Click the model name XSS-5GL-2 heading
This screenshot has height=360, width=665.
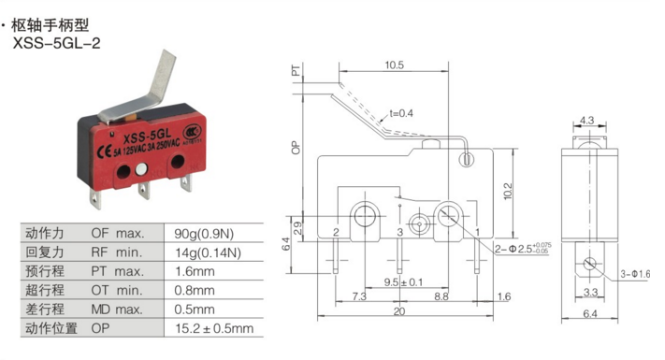coord(57,43)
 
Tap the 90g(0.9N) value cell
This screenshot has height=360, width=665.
coord(204,234)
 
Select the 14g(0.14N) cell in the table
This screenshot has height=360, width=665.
coord(209,252)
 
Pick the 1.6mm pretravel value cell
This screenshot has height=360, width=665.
coord(195,271)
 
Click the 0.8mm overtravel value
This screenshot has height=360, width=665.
coord(195,291)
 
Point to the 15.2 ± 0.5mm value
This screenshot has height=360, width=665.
coord(214,328)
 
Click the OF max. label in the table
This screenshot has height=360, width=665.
coord(118,233)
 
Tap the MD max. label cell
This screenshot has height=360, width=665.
coord(117,310)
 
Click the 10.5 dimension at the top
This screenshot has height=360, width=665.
coord(394,65)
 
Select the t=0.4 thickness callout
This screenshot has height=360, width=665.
coord(401,113)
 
